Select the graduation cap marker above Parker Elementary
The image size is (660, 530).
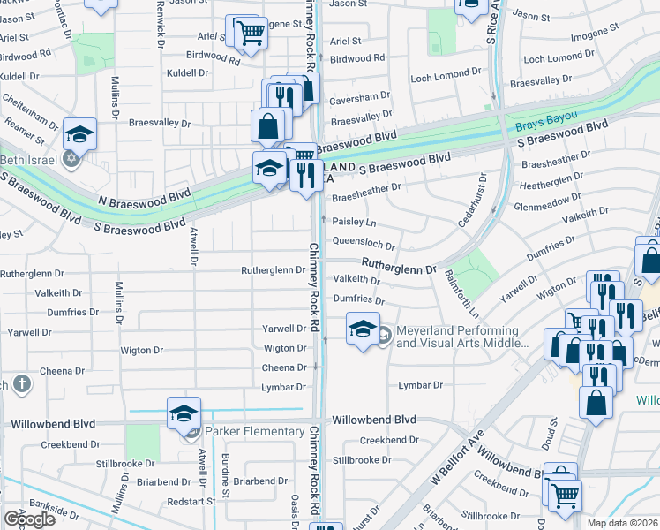tap(183, 413)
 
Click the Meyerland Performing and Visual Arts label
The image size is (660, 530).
tap(457, 337)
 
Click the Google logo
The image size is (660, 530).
tap(29, 519)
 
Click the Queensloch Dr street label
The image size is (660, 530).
tap(363, 242)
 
